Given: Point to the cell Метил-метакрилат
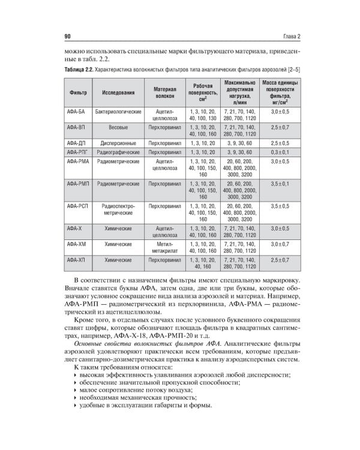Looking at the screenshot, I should coord(164,248).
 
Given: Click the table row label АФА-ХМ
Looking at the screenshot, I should coord(77,245).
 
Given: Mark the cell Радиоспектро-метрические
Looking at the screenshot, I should coord(119,209).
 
